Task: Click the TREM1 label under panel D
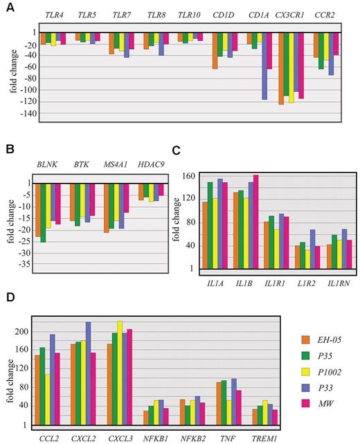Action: pyautogui.click(x=260, y=437)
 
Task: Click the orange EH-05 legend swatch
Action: pyautogui.click(x=306, y=339)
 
